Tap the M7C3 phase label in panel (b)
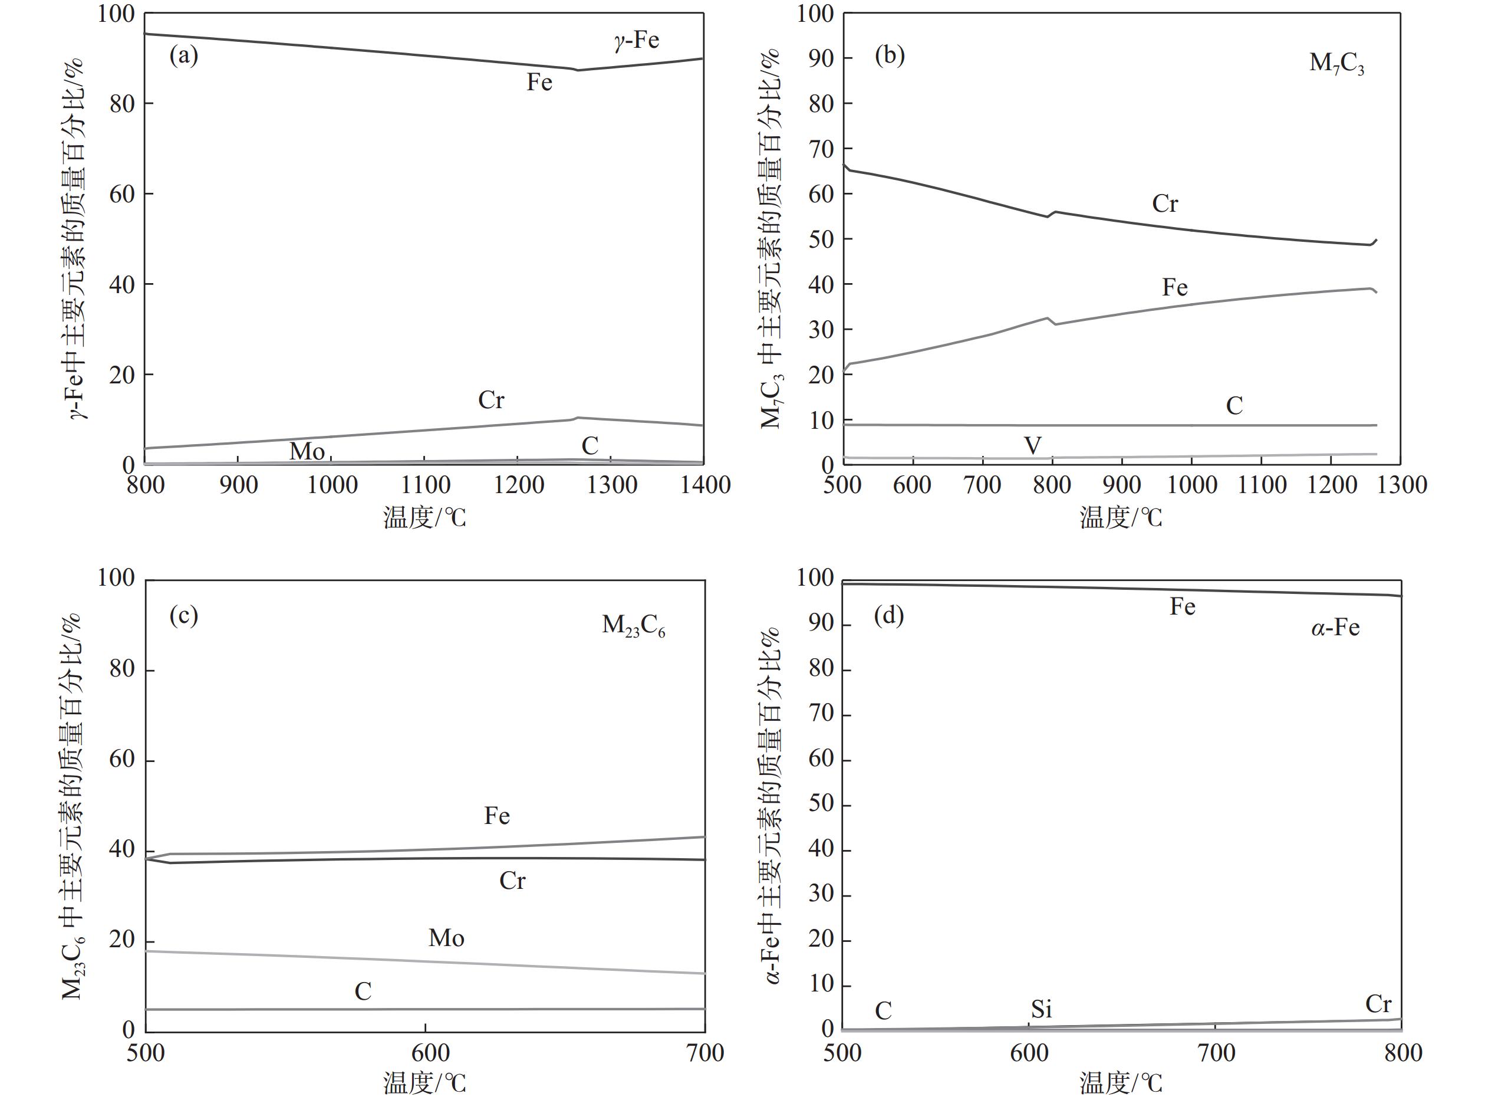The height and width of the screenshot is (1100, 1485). coord(1336,64)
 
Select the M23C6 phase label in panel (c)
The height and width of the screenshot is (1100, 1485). coord(633,626)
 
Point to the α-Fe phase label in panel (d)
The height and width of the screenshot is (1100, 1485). coord(1335,627)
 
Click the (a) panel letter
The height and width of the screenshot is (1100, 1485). coord(184,55)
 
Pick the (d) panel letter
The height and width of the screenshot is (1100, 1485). coord(888,615)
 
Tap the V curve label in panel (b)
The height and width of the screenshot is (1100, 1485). coord(1032,445)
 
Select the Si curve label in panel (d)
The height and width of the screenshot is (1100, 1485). coord(1041,1009)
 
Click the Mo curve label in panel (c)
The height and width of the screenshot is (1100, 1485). coord(446,938)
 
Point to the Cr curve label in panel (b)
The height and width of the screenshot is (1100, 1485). coord(1165,203)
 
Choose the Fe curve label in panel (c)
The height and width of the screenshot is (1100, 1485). coord(496,816)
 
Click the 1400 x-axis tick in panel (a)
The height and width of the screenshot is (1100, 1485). coord(704,485)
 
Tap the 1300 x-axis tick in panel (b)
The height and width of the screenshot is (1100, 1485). coord(1401,485)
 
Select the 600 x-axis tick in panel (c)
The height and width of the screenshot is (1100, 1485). coord(426,1052)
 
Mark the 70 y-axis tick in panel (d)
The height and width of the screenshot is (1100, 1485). coord(821,714)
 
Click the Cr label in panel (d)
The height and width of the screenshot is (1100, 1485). coord(1378,1003)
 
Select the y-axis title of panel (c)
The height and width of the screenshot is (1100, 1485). coord(73,806)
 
